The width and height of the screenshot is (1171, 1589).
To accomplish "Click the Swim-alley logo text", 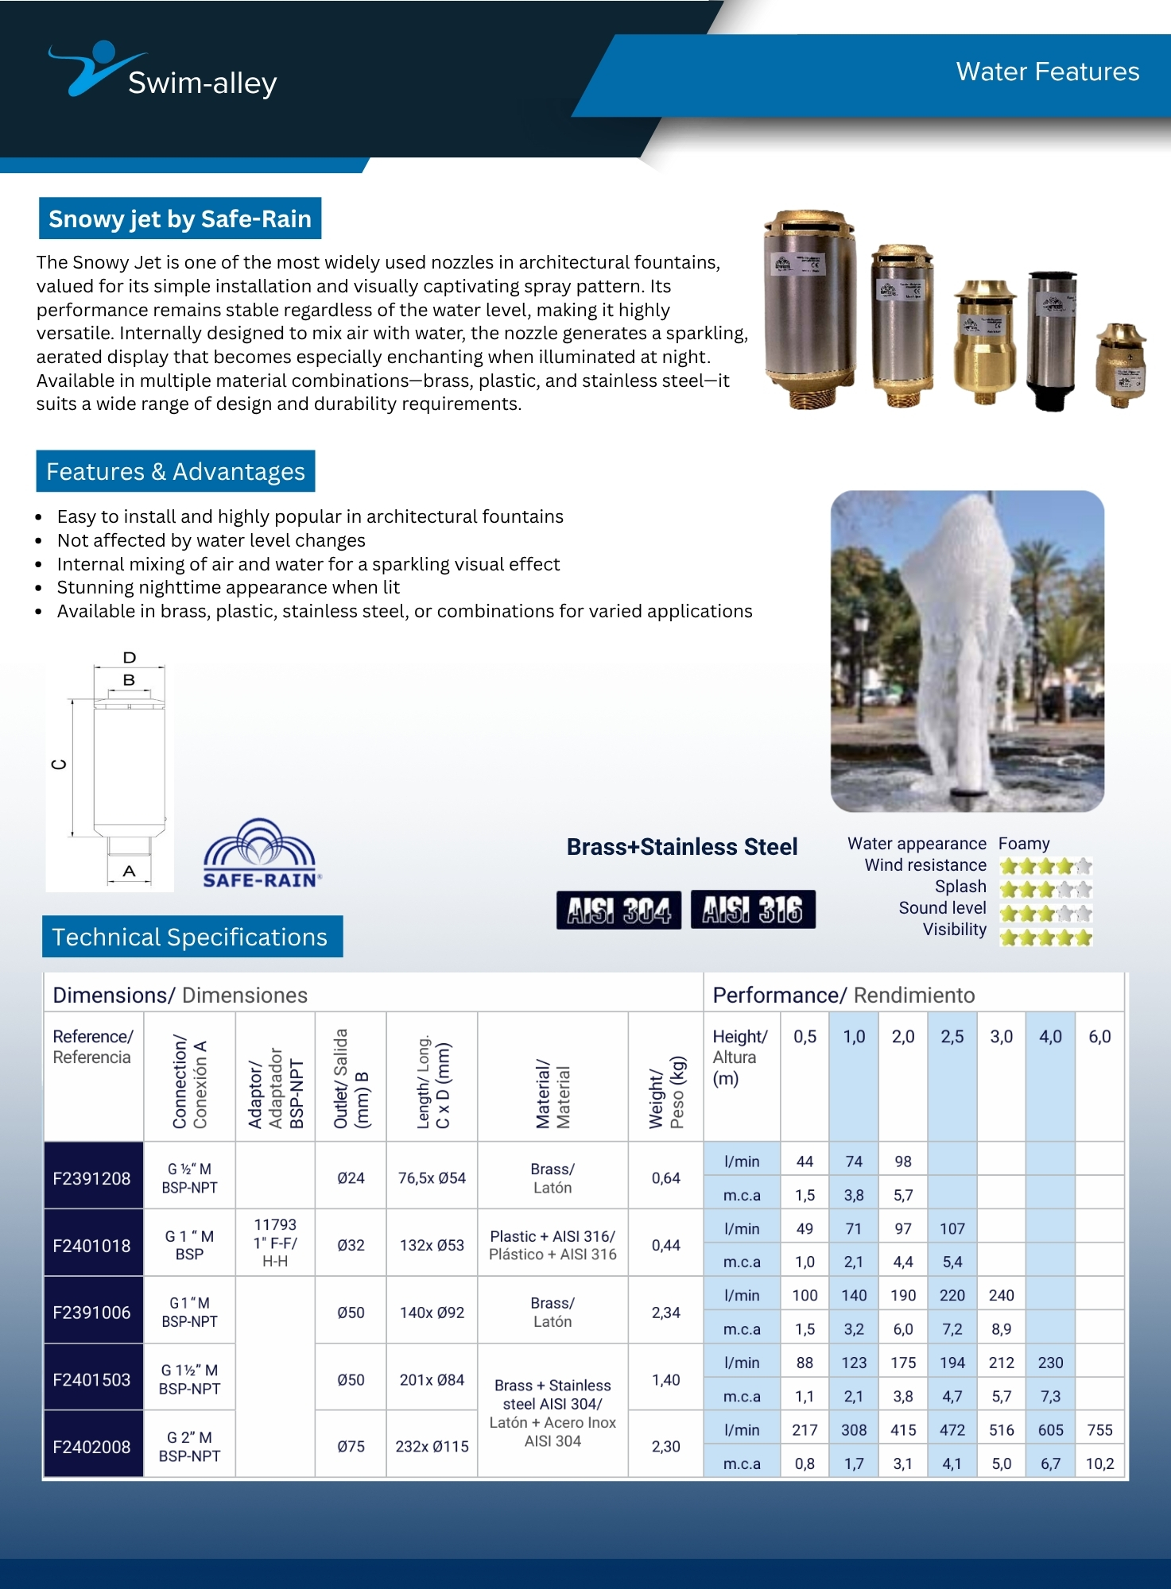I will [202, 83].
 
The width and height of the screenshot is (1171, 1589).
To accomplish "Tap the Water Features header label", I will [1047, 72].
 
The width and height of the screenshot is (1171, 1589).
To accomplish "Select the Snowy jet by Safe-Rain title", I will [180, 218].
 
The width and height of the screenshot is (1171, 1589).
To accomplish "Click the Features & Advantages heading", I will [175, 471].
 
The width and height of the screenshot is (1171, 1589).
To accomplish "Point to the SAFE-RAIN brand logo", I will [262, 854].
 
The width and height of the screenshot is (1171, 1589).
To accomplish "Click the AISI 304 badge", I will [618, 910].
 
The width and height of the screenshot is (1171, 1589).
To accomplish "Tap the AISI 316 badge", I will [753, 910].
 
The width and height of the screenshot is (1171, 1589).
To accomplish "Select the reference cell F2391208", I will [91, 1178].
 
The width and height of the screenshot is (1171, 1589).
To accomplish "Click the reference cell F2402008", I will [91, 1447].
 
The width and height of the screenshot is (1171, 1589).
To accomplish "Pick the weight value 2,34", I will [665, 1313].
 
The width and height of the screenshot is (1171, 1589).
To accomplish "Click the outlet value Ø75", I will [351, 1447].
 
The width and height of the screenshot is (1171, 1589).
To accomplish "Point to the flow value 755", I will [1099, 1430].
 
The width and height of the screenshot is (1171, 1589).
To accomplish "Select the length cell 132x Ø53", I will [432, 1245].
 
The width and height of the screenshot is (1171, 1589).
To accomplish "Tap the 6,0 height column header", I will [1099, 1037].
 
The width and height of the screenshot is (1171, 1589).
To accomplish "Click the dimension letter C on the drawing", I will [59, 764].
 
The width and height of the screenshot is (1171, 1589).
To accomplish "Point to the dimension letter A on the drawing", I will [129, 872].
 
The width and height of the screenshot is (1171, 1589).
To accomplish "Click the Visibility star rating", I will [1045, 938].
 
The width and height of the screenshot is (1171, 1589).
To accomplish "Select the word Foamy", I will [1024, 843].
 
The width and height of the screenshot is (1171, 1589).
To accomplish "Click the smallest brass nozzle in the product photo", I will [1120, 365].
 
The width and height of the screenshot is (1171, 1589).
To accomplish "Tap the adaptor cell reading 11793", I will [275, 1225].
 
